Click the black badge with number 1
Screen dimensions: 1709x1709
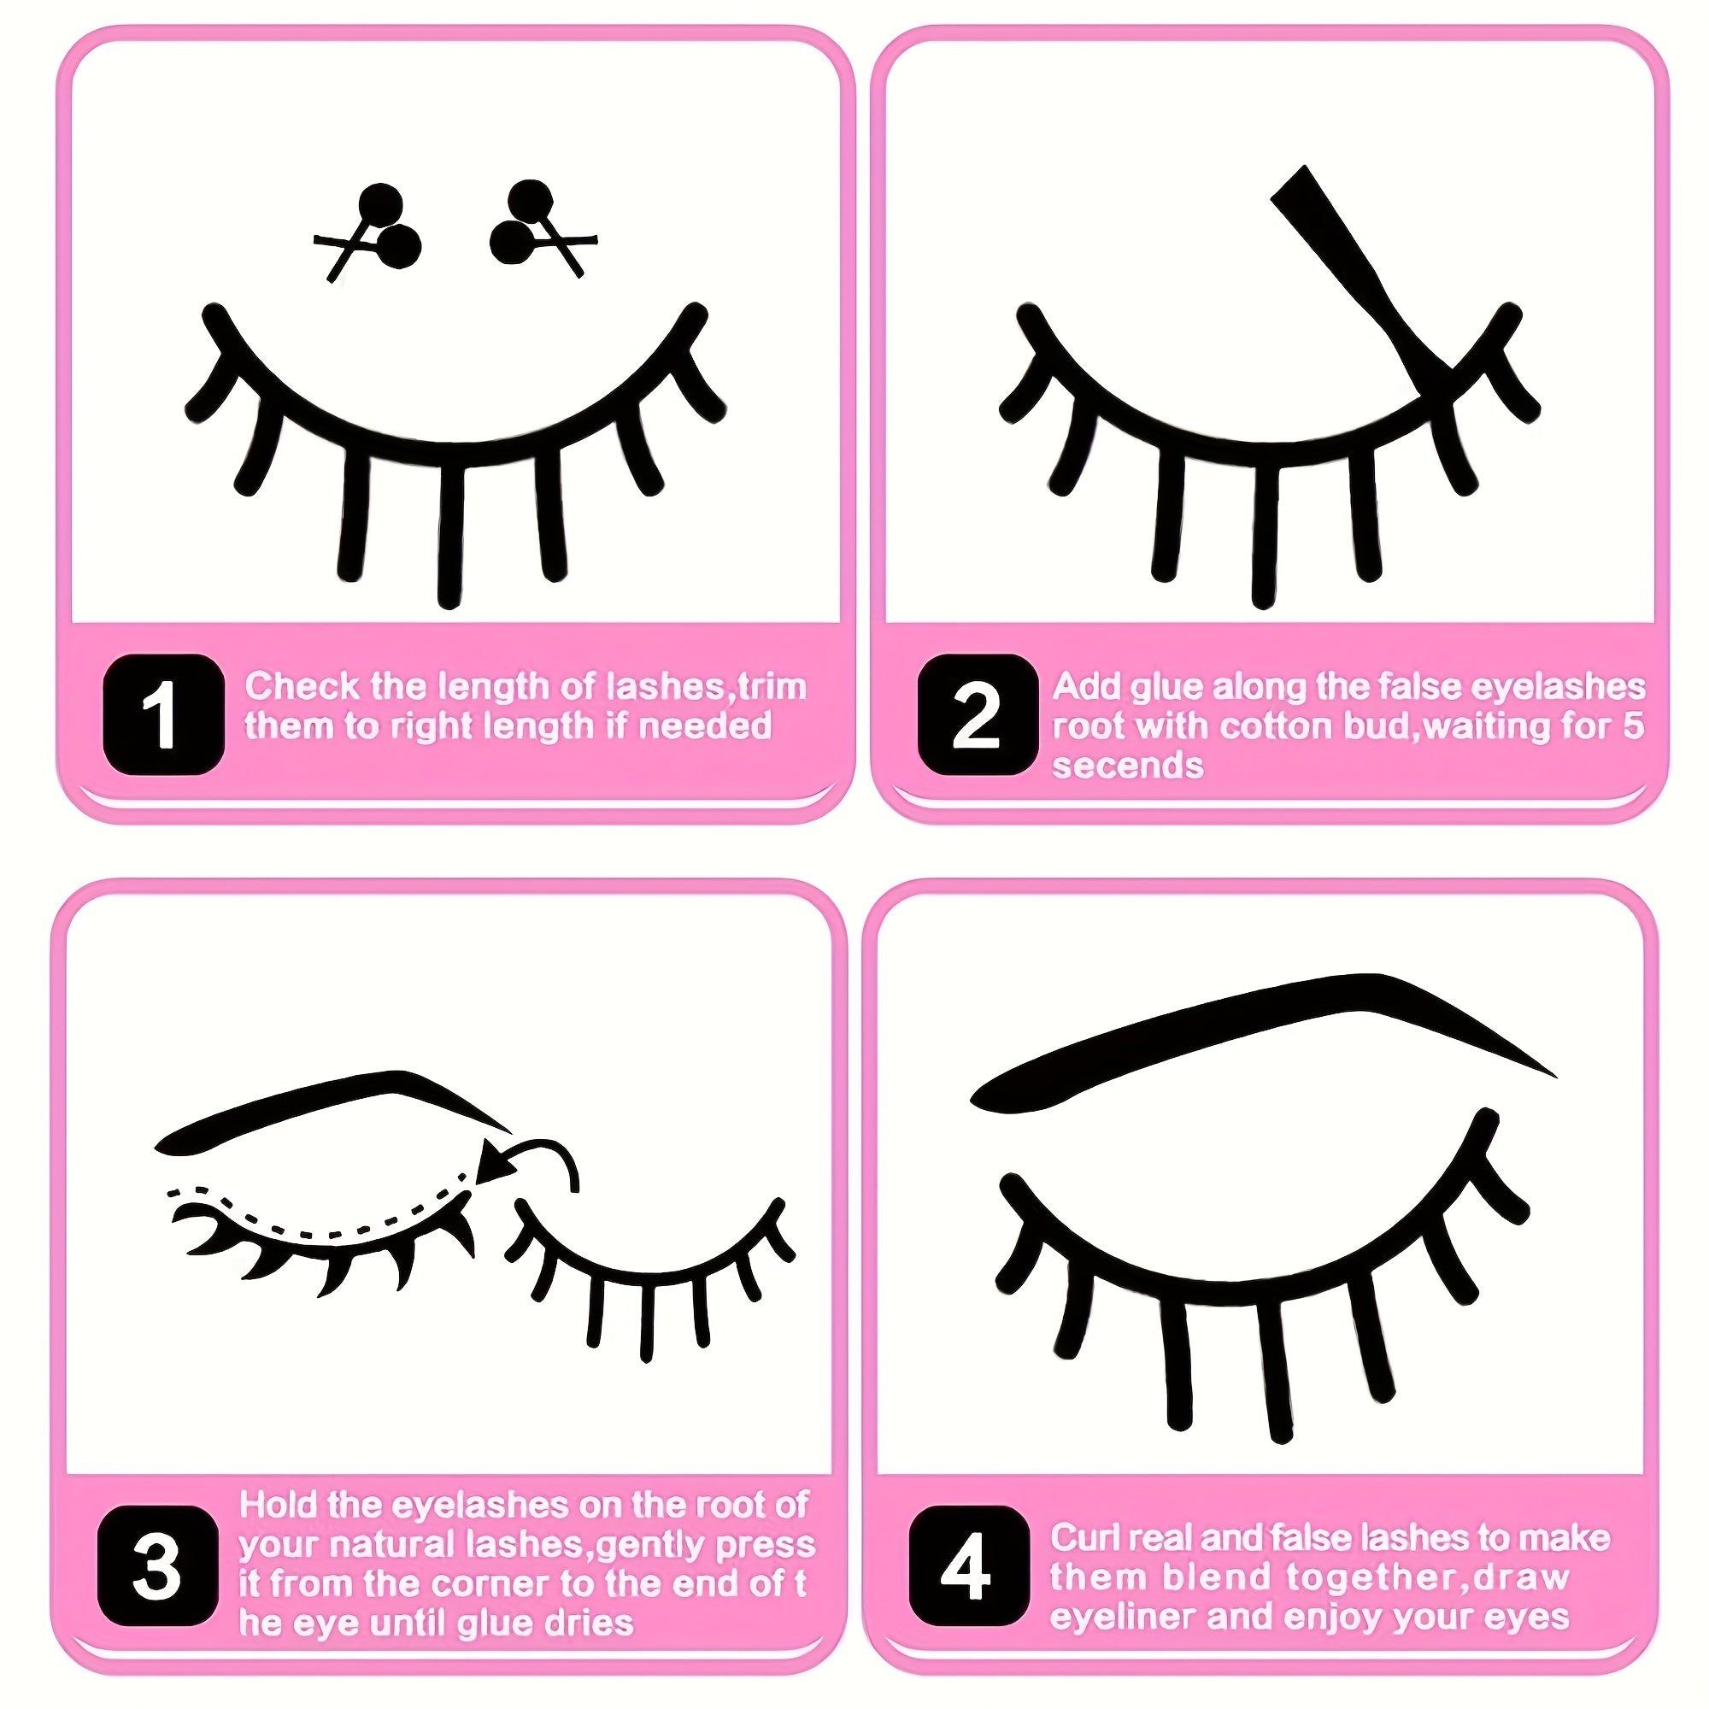pos(164,714)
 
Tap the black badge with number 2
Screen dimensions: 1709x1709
pos(977,714)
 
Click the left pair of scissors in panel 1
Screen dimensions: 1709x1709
pos(372,232)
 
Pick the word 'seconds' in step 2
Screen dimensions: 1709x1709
pos(1127,766)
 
